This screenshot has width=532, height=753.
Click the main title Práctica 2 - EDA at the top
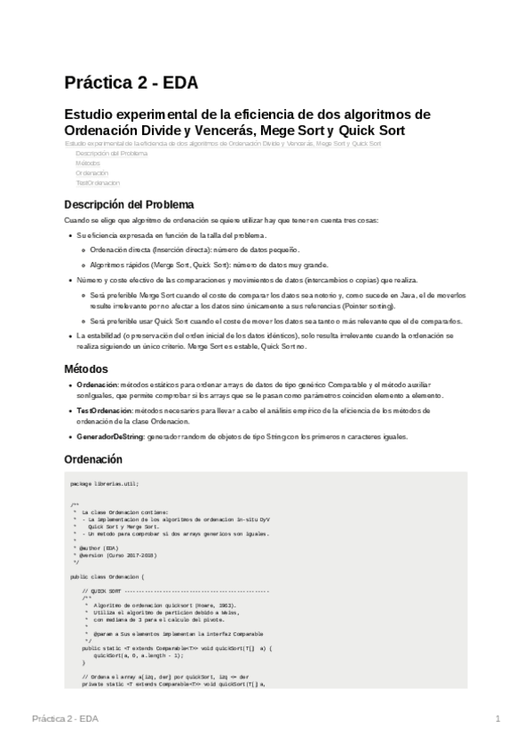(x=131, y=83)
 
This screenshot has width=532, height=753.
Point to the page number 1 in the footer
(x=498, y=717)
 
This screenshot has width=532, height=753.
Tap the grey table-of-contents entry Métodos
(x=88, y=162)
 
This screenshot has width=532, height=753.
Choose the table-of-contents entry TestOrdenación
(x=98, y=182)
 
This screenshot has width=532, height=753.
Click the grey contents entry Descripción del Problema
(x=111, y=153)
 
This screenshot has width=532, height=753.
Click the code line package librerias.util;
(x=105, y=483)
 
